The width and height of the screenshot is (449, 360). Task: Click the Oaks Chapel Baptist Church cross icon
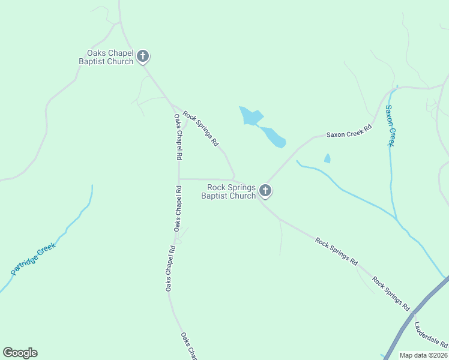click(143, 56)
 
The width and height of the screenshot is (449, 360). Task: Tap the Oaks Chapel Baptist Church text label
click(106, 57)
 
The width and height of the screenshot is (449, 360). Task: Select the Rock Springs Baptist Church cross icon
click(265, 191)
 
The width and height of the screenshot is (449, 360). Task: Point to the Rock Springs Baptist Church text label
click(228, 191)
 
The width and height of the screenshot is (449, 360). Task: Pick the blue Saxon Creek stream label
click(391, 126)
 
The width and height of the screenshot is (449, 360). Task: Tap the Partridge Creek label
click(33, 259)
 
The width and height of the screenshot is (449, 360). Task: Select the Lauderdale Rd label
click(431, 335)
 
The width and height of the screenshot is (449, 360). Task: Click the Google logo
click(20, 353)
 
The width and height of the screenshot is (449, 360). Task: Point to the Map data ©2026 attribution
click(424, 355)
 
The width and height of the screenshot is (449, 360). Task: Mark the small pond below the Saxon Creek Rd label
click(327, 158)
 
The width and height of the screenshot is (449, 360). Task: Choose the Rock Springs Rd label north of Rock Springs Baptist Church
click(200, 129)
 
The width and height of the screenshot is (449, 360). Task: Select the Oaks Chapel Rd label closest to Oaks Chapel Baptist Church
click(178, 137)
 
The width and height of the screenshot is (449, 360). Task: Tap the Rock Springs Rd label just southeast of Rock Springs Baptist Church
click(337, 252)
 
